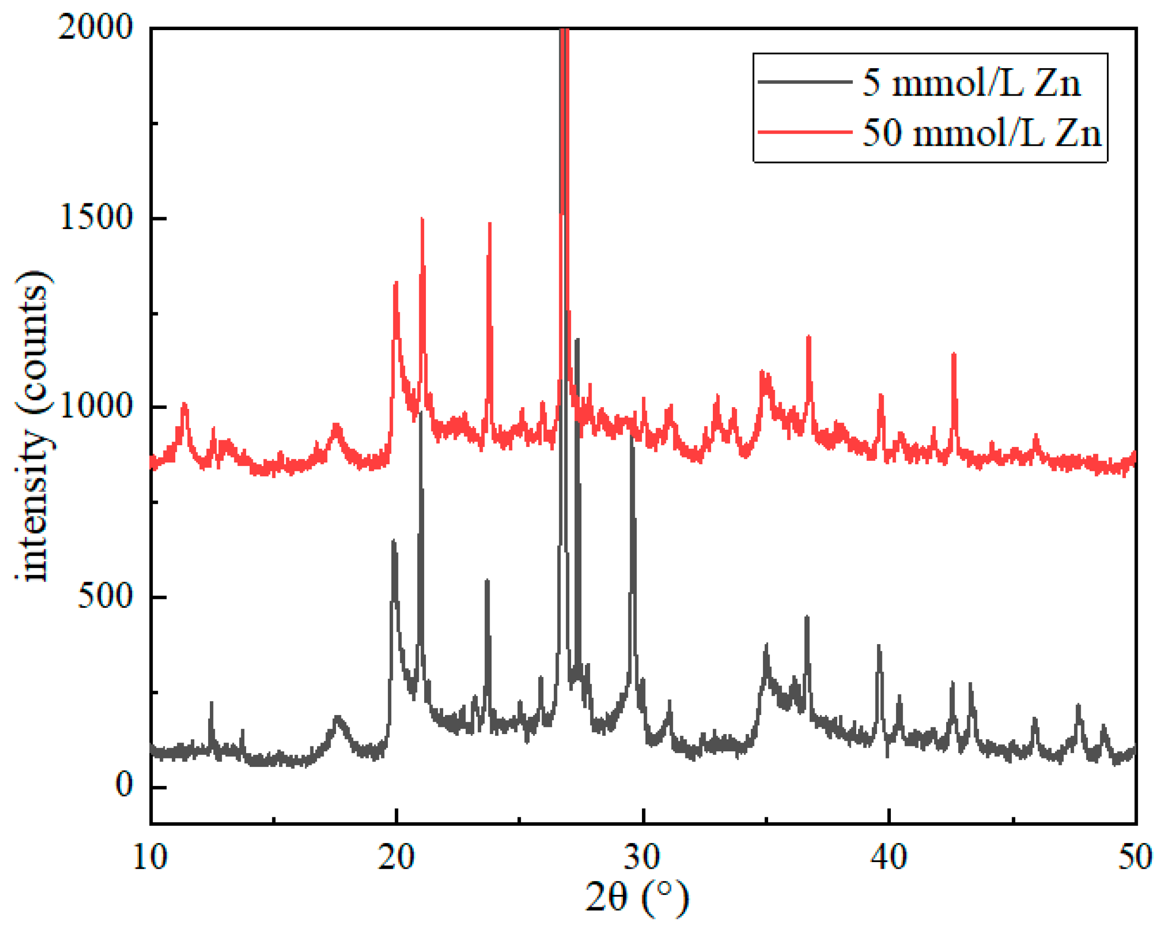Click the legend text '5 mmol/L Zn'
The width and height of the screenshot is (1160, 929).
point(971,84)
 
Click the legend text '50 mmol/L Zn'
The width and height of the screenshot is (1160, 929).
point(982,133)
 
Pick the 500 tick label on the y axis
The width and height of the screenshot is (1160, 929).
point(105,596)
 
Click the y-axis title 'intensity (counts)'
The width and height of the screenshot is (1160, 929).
point(33,428)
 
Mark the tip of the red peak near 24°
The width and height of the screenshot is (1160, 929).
point(490,223)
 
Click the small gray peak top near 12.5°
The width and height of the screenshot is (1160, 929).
point(212,703)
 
